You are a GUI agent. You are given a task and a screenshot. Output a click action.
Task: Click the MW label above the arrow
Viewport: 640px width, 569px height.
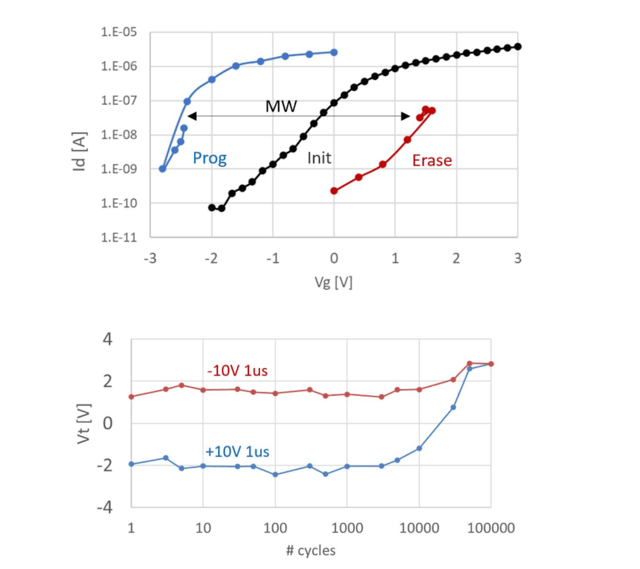click(281, 106)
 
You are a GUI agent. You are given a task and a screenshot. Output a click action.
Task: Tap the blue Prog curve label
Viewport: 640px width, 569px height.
click(209, 158)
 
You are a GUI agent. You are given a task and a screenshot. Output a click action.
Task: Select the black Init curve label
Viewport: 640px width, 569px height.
click(319, 158)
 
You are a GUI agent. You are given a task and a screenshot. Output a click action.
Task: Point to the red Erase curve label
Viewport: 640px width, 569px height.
click(432, 161)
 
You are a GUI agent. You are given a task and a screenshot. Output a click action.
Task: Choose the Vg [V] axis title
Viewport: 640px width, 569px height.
click(333, 283)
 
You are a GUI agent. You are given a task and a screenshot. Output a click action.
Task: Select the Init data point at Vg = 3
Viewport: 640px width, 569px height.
click(517, 46)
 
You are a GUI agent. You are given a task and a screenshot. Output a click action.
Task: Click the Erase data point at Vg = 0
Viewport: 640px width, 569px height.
click(334, 191)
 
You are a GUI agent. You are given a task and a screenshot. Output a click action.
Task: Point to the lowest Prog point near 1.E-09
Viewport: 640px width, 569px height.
click(163, 169)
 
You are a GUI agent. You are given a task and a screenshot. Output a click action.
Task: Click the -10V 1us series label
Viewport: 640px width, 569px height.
click(237, 371)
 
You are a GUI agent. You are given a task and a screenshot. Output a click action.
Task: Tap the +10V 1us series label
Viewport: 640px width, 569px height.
click(237, 452)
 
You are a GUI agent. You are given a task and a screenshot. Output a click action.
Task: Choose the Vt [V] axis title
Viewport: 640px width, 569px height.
click(84, 422)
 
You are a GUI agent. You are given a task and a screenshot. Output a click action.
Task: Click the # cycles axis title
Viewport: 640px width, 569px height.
click(311, 551)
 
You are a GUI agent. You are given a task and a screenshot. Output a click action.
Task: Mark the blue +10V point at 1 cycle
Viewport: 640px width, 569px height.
click(132, 464)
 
